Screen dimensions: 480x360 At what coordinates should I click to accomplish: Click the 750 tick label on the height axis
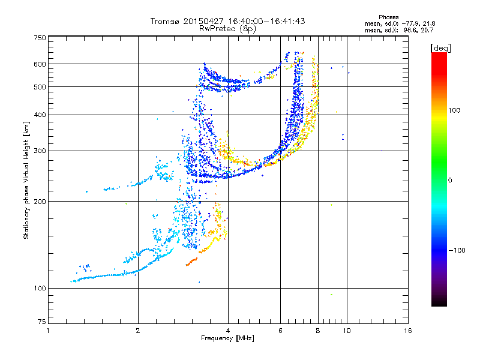tap(40, 38)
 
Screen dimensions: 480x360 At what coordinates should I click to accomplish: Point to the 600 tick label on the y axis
tap(40, 64)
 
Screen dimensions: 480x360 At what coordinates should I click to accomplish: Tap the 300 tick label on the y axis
tap(40, 151)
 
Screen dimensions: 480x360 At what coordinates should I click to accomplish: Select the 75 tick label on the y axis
tap(42, 322)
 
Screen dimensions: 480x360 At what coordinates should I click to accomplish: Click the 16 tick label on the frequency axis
tap(408, 331)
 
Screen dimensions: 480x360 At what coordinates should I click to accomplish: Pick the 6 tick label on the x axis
tap(280, 331)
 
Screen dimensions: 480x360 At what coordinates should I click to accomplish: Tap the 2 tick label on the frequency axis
tap(138, 331)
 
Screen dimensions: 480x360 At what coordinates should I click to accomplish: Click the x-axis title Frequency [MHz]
tap(227, 338)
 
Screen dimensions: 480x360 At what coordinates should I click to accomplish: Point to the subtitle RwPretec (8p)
tap(227, 29)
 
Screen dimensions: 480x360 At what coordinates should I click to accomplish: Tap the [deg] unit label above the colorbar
tap(440, 48)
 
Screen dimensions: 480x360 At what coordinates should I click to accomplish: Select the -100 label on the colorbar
tap(457, 250)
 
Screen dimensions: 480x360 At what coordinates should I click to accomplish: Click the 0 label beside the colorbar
tap(450, 181)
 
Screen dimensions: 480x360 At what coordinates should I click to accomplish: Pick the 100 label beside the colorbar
tap(454, 110)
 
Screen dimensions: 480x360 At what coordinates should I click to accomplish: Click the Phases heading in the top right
tap(388, 17)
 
